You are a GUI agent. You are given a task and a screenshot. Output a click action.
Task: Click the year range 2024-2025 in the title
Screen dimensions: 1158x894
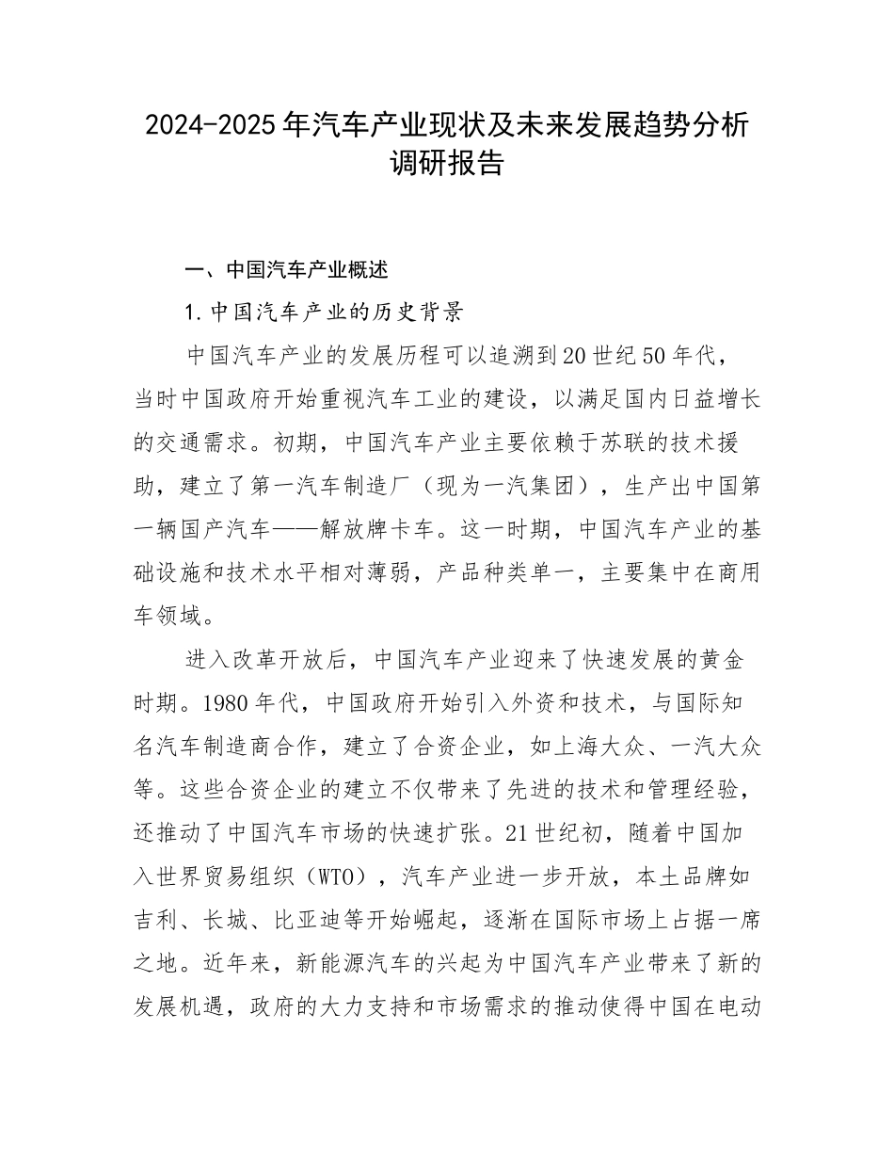(212, 126)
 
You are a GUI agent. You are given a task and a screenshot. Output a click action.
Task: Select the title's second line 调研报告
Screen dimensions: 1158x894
(447, 166)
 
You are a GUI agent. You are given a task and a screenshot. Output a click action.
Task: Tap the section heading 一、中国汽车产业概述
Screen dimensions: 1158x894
(286, 270)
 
